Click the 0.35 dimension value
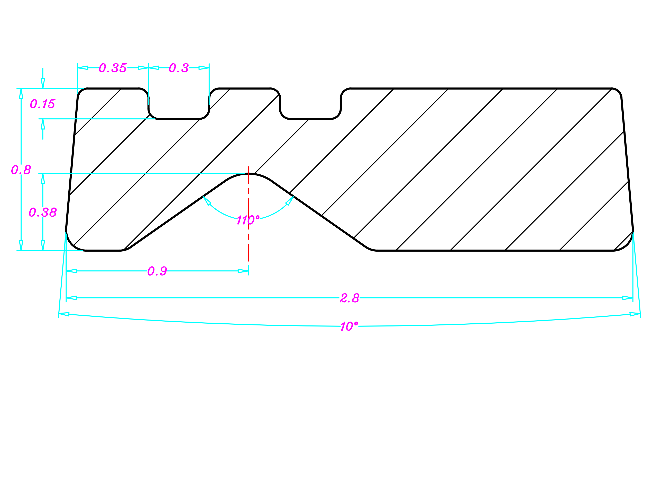click(113, 68)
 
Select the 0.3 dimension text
click(179, 68)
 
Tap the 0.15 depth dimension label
click(43, 104)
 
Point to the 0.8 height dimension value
click(21, 170)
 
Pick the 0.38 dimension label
click(43, 212)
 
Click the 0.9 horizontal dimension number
click(157, 271)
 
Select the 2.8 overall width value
click(350, 298)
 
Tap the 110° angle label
click(248, 220)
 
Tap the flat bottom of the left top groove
click(179, 119)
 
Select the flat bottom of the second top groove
click(310, 119)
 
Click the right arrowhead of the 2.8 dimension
click(628, 298)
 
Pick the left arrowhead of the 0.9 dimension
click(71, 271)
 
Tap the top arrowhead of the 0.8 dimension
click(21, 94)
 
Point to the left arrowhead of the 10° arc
click(64, 314)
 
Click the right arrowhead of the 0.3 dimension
click(204, 68)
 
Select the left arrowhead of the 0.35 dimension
click(83, 68)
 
